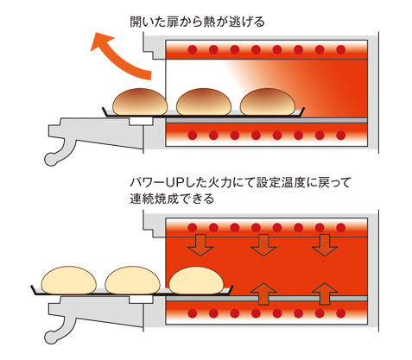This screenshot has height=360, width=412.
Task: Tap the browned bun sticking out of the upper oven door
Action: (x=140, y=102)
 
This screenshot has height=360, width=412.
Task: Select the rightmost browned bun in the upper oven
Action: (x=268, y=102)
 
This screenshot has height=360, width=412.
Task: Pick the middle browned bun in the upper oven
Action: (x=204, y=102)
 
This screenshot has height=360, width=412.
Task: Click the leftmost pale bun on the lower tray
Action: (x=69, y=281)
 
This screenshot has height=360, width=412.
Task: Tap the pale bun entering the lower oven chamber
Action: (x=196, y=281)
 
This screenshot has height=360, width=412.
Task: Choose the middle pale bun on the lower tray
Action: (x=132, y=281)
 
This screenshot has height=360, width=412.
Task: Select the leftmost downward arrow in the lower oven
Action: (x=200, y=245)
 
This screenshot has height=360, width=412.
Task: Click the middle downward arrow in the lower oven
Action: (x=263, y=245)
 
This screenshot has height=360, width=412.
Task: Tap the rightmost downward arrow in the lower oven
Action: (x=325, y=245)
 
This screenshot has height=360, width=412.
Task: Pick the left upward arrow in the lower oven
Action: (x=263, y=294)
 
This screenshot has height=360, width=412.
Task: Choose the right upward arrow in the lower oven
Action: (x=325, y=294)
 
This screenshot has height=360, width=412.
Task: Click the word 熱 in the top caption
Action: (x=209, y=22)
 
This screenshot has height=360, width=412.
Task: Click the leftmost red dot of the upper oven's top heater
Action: (x=193, y=50)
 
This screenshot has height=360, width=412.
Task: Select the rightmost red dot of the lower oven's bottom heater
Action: (x=341, y=313)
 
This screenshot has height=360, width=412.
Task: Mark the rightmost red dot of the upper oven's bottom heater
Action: (x=341, y=135)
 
